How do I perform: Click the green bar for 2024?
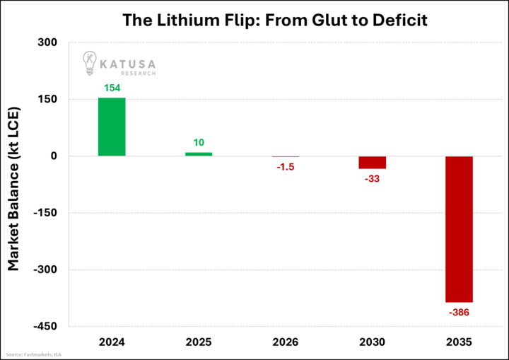click(x=112, y=127)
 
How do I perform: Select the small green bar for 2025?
click(x=199, y=154)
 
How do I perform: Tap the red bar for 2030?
click(x=372, y=163)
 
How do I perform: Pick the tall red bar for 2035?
click(x=459, y=229)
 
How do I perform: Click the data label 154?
click(x=112, y=88)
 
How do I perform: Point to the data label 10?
click(x=199, y=143)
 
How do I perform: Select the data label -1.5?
click(x=286, y=166)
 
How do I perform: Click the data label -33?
click(x=372, y=178)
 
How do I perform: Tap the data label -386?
click(x=459, y=312)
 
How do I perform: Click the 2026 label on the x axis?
click(x=286, y=342)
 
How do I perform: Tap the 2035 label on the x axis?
click(x=459, y=342)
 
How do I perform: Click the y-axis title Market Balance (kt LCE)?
click(x=13, y=188)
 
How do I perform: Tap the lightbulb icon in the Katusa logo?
click(x=90, y=63)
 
